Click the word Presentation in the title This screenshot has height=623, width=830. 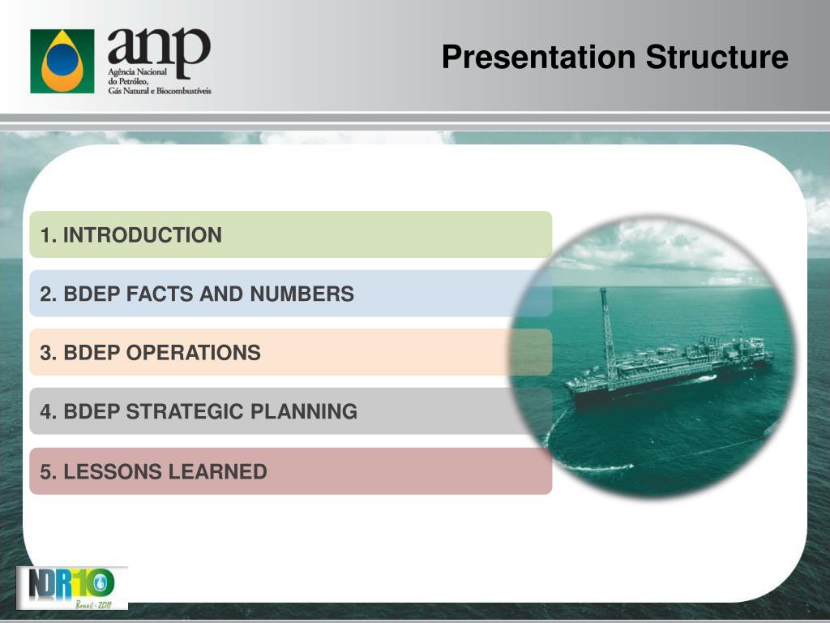pyautogui.click(x=539, y=58)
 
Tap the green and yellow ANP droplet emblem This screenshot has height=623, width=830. pyautogui.click(x=62, y=61)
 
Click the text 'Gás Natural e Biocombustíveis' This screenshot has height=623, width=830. pyautogui.click(x=160, y=91)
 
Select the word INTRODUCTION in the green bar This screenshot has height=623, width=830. pyautogui.click(x=143, y=235)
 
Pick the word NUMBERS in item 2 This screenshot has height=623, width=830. pyautogui.click(x=302, y=294)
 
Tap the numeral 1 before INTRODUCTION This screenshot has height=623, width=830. pyautogui.click(x=45, y=235)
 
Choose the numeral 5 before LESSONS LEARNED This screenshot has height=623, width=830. pyautogui.click(x=46, y=471)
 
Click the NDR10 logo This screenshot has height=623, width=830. pyautogui.click(x=71, y=588)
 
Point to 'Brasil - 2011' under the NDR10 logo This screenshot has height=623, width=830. pyautogui.click(x=94, y=604)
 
